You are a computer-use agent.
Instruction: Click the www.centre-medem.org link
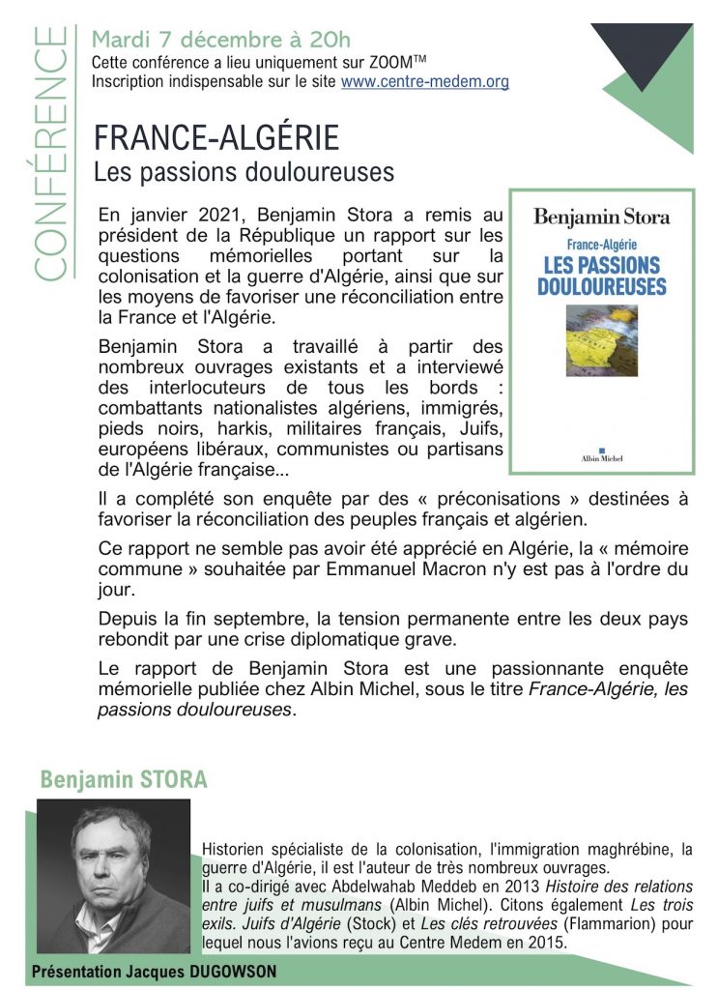[x=424, y=81]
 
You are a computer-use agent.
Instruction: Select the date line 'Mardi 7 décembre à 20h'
[x=220, y=41]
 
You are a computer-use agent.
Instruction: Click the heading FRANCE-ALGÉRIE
[x=216, y=137]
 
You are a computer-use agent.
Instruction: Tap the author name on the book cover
[x=601, y=217]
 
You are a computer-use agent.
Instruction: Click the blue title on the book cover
[x=601, y=276]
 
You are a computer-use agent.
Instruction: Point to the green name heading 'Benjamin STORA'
[x=124, y=779]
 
